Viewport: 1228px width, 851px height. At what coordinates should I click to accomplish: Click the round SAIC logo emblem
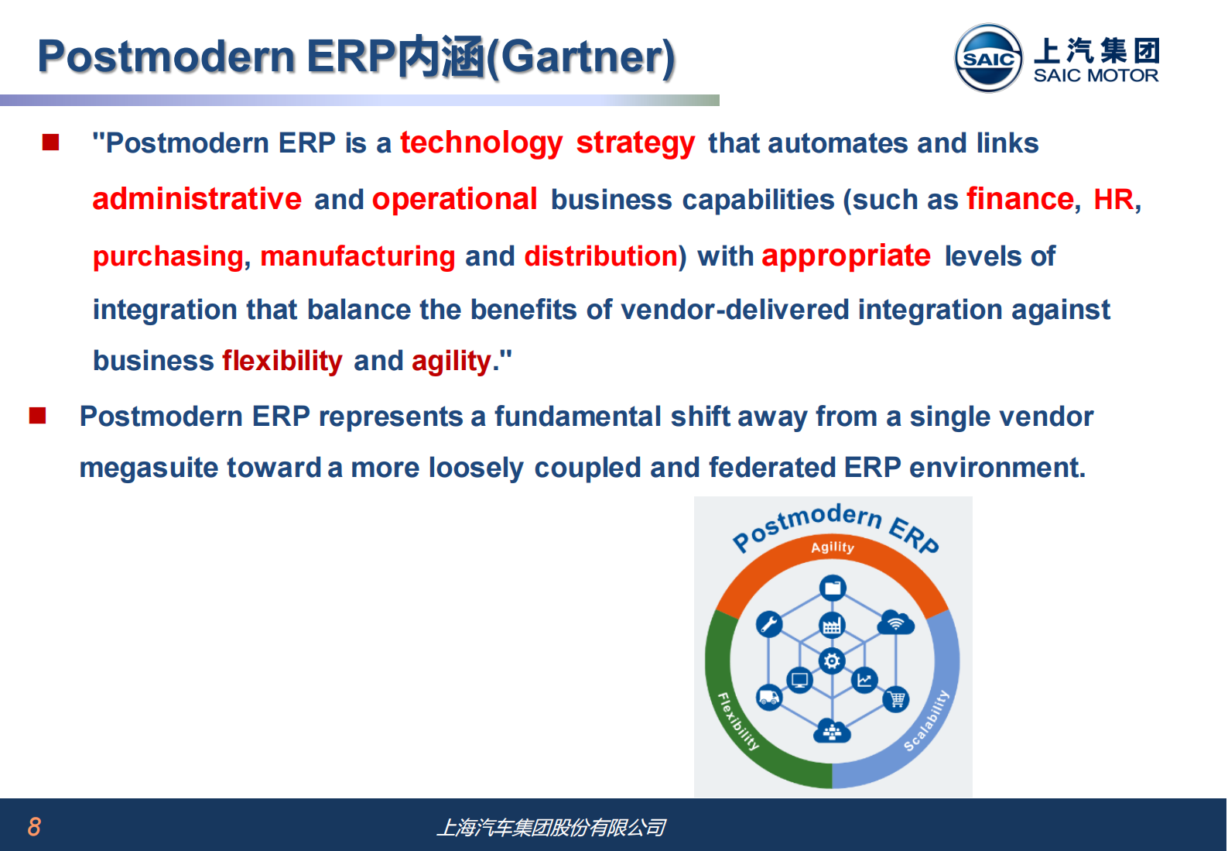coord(988,57)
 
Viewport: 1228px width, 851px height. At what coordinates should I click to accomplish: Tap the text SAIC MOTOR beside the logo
coord(1096,75)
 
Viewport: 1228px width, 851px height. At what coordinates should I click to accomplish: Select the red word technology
coord(481,144)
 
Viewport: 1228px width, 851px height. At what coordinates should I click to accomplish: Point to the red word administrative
coord(197,199)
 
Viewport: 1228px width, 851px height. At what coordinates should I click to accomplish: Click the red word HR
coord(1113,199)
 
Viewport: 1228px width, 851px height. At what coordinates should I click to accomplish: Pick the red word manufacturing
coord(357,257)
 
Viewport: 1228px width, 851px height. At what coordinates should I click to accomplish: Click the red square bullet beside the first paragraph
coord(50,142)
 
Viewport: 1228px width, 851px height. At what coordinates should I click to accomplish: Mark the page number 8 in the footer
coord(34,826)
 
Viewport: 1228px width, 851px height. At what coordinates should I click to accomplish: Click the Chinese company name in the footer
coord(552,828)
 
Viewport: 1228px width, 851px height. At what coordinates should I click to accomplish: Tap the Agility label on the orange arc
coord(832,547)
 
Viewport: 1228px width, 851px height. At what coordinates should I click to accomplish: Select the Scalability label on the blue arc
coord(926,720)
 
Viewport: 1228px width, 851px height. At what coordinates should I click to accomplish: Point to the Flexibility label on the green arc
coord(738,721)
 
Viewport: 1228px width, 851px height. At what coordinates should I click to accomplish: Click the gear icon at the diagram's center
coord(832,661)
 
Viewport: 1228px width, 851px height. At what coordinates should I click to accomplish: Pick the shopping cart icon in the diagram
coord(896,699)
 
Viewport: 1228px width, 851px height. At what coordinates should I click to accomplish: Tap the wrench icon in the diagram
coord(769,624)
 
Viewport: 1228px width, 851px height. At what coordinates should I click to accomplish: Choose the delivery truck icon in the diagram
coord(768,698)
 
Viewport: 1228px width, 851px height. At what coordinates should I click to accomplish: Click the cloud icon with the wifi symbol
coord(896,623)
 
